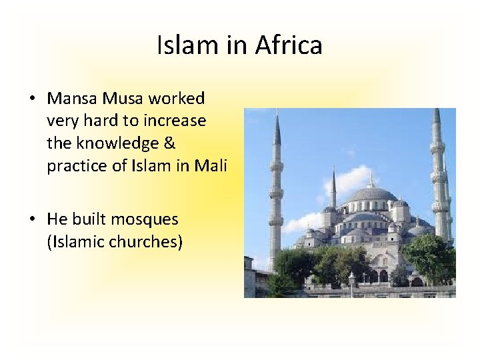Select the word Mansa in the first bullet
click(x=72, y=99)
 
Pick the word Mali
click(x=211, y=165)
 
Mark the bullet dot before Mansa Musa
click(x=32, y=99)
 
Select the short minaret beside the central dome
click(x=333, y=190)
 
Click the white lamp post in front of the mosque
click(x=351, y=283)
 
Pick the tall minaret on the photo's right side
click(x=437, y=180)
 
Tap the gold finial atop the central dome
click(x=371, y=179)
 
